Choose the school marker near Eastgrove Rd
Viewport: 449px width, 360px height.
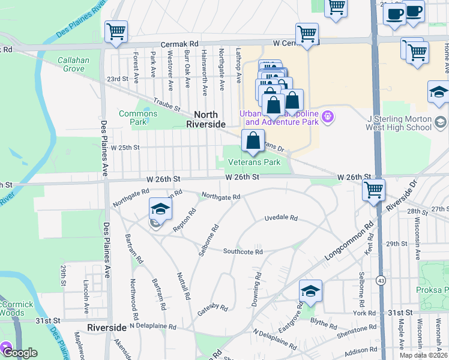310,291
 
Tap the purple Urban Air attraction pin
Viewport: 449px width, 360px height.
328,116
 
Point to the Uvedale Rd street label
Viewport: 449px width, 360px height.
282,219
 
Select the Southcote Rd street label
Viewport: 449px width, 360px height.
243,252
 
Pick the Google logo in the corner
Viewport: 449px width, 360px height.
20,353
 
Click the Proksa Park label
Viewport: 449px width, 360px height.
432,289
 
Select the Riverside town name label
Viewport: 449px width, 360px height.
107,328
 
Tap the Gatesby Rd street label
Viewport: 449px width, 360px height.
213,310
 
